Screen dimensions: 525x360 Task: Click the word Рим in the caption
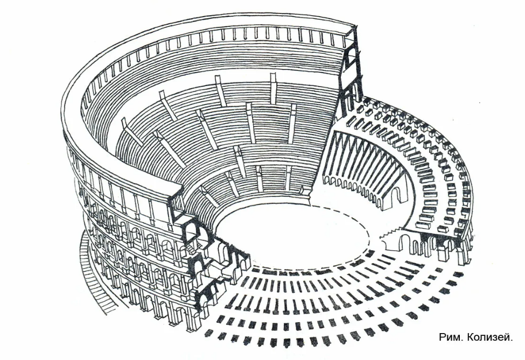click(449, 337)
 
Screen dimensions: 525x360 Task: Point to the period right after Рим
click(461, 340)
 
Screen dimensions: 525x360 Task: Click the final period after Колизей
click(512, 340)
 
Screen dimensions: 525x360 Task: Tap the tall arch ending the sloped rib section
click(394, 198)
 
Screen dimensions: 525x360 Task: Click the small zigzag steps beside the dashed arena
click(389, 232)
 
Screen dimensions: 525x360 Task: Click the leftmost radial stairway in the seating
click(129, 130)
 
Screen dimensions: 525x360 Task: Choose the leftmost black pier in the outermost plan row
click(208, 333)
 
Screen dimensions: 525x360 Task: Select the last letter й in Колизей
click(507, 336)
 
